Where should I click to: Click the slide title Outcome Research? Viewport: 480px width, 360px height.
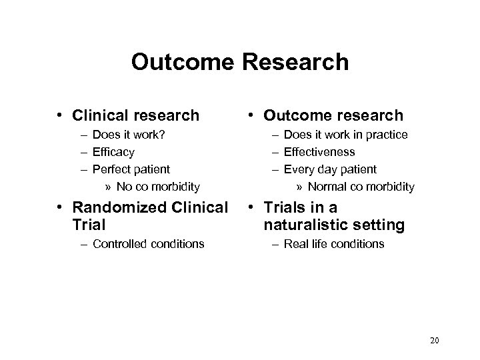(x=240, y=62)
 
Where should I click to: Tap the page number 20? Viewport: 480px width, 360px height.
(x=434, y=341)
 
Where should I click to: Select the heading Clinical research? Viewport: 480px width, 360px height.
(x=137, y=115)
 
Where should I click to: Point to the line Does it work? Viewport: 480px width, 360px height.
(x=129, y=135)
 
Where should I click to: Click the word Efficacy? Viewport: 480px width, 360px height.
(x=114, y=152)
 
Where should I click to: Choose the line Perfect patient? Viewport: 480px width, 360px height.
(x=131, y=169)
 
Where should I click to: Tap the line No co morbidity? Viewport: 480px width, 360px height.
(x=158, y=186)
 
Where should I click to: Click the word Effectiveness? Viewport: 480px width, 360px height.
(x=319, y=152)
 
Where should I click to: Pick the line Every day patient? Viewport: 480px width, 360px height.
(x=330, y=169)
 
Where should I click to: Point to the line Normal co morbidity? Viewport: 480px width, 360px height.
(x=361, y=186)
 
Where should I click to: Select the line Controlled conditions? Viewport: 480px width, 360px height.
(x=149, y=243)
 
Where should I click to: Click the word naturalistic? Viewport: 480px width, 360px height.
(x=316, y=226)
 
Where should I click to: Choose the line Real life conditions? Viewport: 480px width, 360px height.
(x=334, y=243)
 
